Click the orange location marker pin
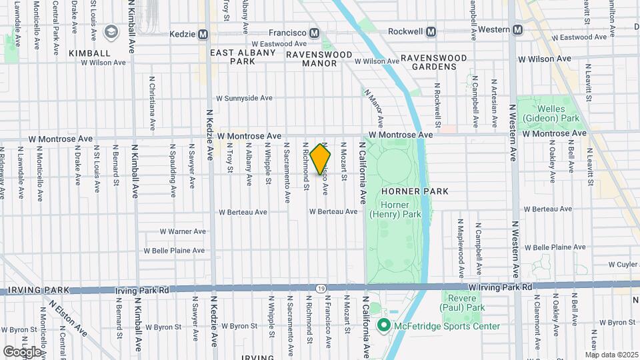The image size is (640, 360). pos(321,159)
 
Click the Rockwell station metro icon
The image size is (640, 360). pos(431,31)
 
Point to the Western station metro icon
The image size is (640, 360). pos(518,29)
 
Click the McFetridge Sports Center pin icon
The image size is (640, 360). pos(384,326)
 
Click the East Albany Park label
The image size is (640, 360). pos(243,57)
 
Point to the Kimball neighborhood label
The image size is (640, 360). pos(89,53)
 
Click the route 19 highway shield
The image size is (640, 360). pos(321,289)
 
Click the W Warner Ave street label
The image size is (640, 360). pos(183,232)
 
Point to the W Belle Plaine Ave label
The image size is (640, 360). pos(174,251)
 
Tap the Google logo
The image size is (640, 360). pos(23,351)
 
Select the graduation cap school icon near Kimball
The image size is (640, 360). pos(110,31)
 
